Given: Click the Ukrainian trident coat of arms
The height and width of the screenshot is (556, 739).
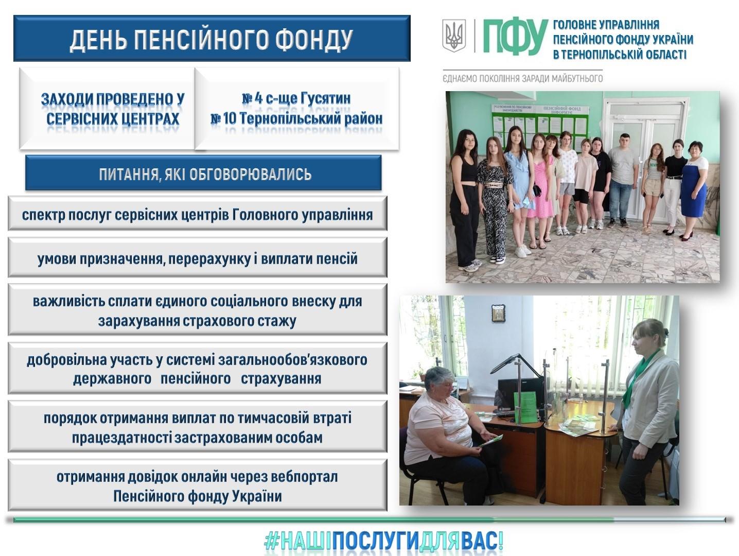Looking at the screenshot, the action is tap(454, 36).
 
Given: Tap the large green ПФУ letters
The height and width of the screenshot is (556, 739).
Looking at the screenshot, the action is tap(516, 37).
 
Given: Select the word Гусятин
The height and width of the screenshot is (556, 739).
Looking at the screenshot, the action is tap(325, 98).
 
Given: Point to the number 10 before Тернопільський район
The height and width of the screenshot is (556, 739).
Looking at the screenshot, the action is tap(230, 119).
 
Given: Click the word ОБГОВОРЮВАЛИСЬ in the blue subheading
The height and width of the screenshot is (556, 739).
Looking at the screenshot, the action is tap(250, 174).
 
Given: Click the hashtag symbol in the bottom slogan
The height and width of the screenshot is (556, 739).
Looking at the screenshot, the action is tap(272, 541).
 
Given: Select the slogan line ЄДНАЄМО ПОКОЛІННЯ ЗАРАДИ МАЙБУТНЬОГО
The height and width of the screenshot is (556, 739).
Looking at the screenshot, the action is tap(522, 78).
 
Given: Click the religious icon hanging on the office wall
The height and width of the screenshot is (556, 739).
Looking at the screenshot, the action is tap(498, 313).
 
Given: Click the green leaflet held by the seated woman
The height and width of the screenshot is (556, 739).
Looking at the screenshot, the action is tap(490, 441).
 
